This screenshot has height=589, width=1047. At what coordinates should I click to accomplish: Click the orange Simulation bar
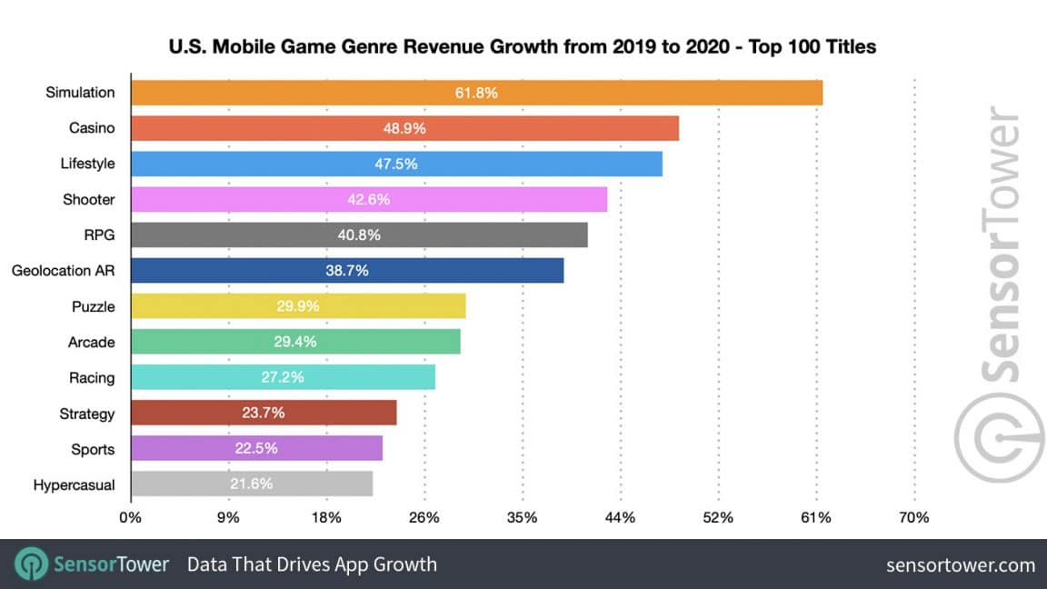[x=476, y=93]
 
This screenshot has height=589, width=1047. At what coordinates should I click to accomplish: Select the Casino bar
[x=404, y=128]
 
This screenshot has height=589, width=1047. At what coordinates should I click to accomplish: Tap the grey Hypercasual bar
[x=252, y=484]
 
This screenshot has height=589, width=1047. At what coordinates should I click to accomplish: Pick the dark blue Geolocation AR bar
[x=347, y=271]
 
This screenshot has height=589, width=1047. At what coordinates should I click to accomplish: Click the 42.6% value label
[x=368, y=199]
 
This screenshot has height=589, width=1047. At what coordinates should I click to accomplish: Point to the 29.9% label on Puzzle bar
[x=298, y=306]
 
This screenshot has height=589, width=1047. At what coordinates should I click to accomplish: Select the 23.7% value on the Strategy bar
[x=264, y=414]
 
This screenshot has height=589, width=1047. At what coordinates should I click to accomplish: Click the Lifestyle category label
[x=88, y=164]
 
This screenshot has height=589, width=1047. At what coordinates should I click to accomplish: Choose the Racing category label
[x=92, y=378]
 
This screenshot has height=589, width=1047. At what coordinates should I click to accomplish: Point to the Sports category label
[x=93, y=449]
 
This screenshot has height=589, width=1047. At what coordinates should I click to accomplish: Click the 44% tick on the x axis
[x=620, y=518]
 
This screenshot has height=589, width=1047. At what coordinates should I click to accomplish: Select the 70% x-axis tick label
[x=913, y=518]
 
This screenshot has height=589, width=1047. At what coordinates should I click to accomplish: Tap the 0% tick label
[x=131, y=518]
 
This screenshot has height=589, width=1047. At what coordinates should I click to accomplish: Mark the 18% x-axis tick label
[x=326, y=518]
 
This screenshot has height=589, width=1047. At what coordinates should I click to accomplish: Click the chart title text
[x=523, y=46]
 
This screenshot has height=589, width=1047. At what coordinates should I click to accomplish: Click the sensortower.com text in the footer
[x=961, y=565]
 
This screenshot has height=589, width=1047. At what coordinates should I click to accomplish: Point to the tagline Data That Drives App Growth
[x=312, y=564]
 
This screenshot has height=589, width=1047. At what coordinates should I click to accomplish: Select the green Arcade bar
[x=295, y=342]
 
